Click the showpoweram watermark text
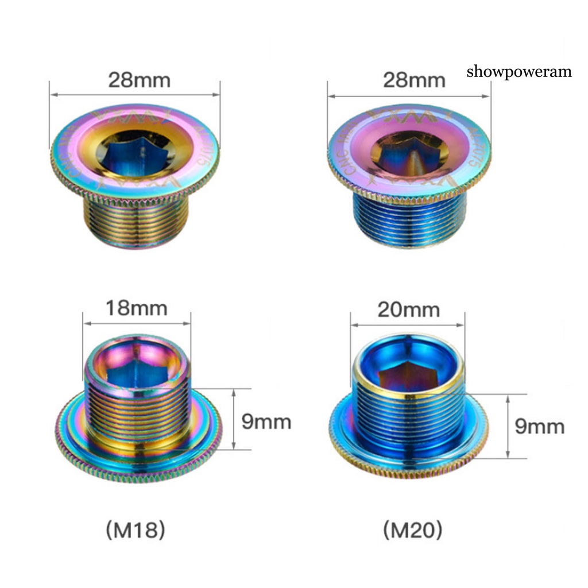pos(519,72)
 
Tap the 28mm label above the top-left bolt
pos(140,80)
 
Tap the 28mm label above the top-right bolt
pos(414,80)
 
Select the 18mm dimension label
pos(137,308)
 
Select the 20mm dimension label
pos(408,310)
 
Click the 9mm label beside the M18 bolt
pos(266,422)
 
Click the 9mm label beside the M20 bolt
pos(540,427)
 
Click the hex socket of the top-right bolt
pos(408,154)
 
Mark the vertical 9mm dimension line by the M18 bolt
pos(234,419)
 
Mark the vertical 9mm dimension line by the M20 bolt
pos(509,425)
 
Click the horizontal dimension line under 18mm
pos(137,323)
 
